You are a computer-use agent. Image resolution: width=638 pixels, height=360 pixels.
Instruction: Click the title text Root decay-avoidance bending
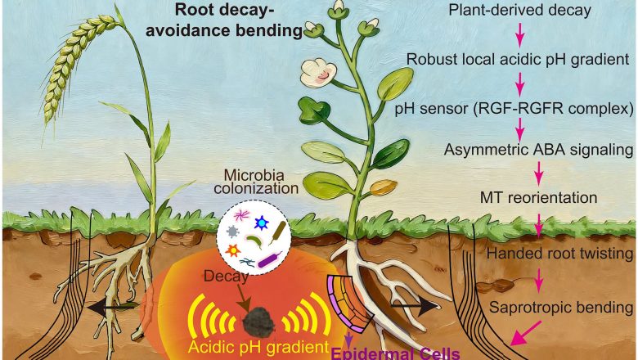tap(224, 20)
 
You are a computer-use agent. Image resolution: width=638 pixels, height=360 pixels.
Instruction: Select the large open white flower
tap(318, 73)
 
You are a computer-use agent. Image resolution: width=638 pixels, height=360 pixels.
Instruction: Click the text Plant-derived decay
tap(519, 10)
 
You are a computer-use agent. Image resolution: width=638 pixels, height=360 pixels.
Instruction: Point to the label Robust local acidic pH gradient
tap(518, 60)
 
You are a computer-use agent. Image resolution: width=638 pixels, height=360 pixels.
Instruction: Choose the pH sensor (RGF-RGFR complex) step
tap(514, 109)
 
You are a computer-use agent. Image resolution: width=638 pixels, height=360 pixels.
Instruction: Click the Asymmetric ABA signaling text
tap(539, 150)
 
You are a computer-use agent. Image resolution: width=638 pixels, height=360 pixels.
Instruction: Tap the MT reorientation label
tap(539, 198)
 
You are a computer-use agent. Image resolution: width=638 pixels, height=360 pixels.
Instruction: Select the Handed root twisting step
tap(559, 254)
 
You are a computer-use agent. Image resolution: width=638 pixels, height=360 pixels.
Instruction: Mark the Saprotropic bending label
tap(561, 307)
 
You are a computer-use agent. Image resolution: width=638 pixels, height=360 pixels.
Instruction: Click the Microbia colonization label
tap(256, 182)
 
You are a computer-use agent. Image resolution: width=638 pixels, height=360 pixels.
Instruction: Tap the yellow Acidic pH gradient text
tap(258, 347)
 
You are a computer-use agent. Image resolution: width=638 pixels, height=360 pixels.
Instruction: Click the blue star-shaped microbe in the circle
tap(262, 223)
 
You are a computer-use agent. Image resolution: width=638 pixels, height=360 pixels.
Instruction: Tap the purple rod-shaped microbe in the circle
tap(269, 260)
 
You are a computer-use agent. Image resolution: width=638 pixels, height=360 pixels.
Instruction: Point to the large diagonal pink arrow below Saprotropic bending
tap(526, 332)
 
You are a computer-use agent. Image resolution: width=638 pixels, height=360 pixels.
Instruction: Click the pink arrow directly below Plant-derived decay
tap(519, 34)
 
